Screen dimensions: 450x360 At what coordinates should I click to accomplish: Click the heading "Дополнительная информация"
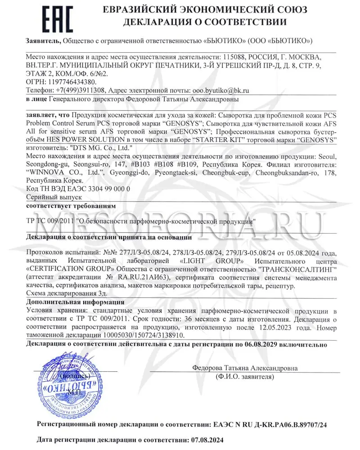pos(75,302)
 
